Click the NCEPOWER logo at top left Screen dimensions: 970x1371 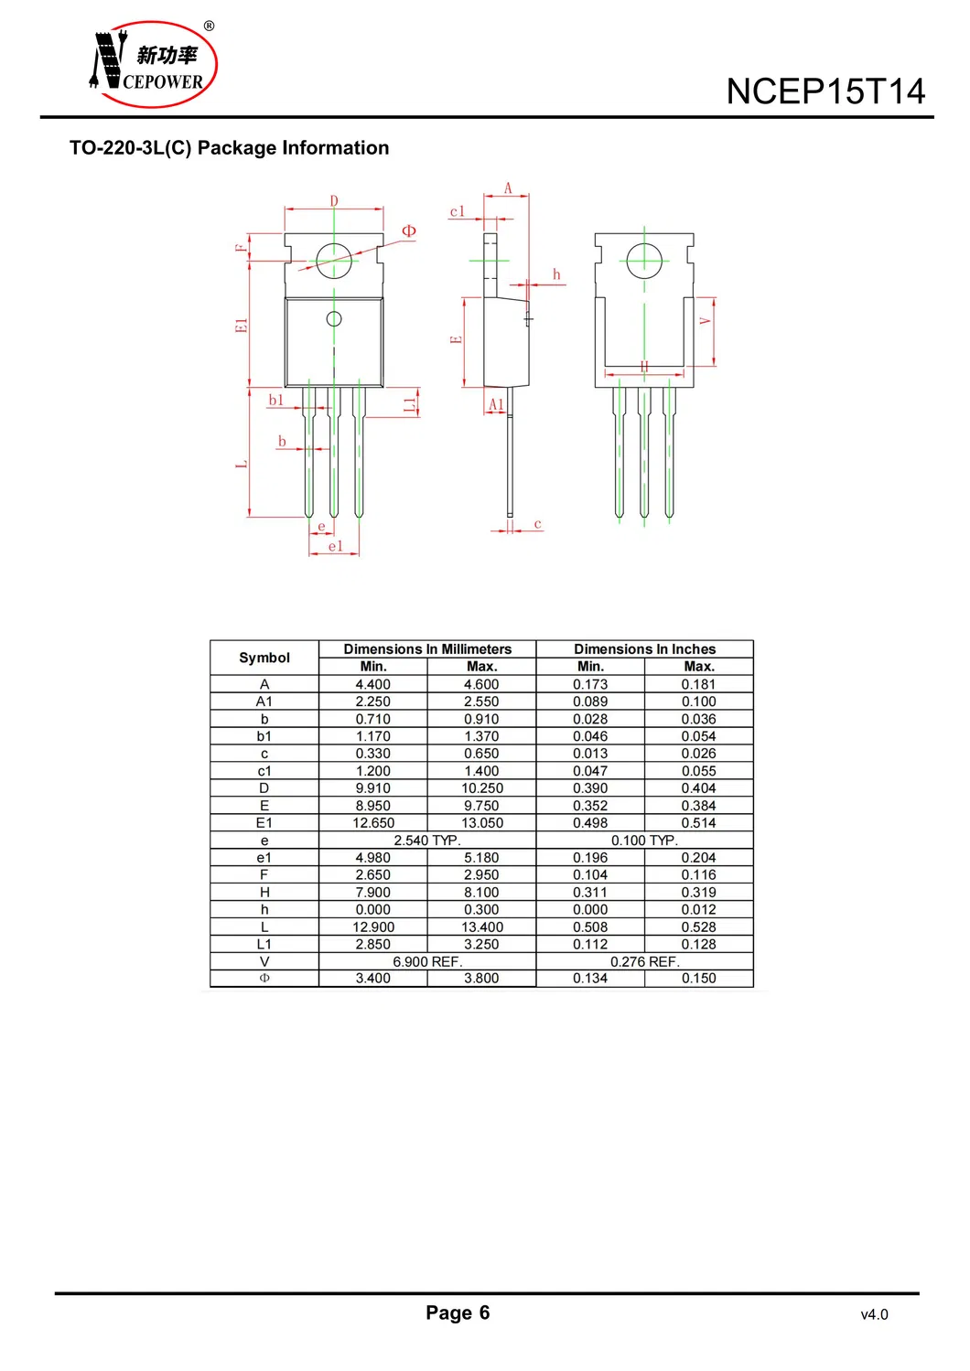(153, 64)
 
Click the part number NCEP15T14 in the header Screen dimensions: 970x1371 (824, 91)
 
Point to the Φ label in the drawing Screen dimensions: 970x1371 (408, 230)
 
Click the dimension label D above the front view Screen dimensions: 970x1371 (334, 200)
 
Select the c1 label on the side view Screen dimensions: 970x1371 (458, 212)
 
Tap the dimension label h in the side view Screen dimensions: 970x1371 (556, 274)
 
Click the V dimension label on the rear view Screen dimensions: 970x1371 (705, 321)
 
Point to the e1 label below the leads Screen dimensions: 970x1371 (335, 546)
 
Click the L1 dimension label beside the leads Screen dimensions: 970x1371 (410, 404)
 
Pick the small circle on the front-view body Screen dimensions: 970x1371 (334, 319)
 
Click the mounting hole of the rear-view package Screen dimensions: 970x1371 (644, 261)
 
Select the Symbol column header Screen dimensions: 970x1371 (264, 658)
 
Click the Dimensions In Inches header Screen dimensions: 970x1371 (644, 648)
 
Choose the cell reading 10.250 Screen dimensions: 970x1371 (482, 788)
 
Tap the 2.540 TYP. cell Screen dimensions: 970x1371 (426, 841)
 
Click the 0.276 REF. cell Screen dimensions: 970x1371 (645, 961)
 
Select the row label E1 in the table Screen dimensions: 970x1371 (264, 822)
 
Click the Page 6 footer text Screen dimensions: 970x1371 (458, 1312)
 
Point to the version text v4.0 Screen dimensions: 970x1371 (874, 1314)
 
